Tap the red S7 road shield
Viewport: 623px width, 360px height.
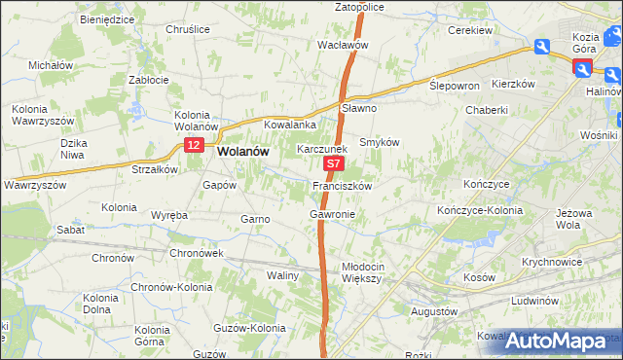333,166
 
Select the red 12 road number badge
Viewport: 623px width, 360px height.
194,145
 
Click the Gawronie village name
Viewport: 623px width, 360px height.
331,213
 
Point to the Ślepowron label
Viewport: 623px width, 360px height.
455,86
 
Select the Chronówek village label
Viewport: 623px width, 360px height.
199,252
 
